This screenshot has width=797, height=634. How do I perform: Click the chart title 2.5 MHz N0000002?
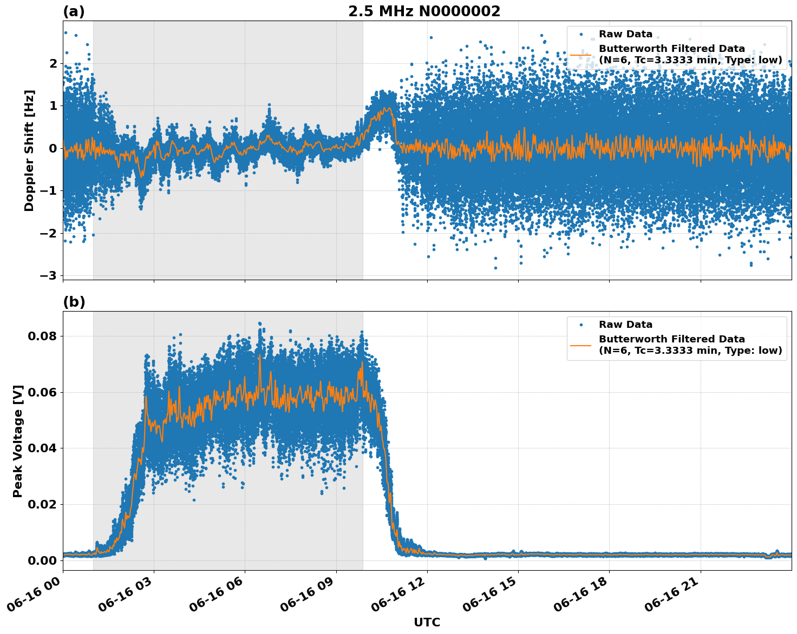click(424, 11)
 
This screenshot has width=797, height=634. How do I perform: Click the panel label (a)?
click(74, 11)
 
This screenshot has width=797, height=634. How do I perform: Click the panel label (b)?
click(74, 302)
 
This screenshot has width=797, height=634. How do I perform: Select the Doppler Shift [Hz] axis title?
click(29, 150)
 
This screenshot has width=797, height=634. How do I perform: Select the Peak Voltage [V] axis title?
click(18, 441)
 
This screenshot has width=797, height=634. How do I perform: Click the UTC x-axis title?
click(427, 623)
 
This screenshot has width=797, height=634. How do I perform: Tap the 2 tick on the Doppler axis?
click(53, 63)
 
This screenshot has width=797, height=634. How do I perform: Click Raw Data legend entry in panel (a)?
click(625, 34)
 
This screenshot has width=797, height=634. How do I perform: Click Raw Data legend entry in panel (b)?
click(625, 325)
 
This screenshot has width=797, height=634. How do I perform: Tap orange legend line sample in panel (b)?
click(580, 345)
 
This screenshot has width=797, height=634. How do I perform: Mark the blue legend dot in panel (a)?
click(581, 34)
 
